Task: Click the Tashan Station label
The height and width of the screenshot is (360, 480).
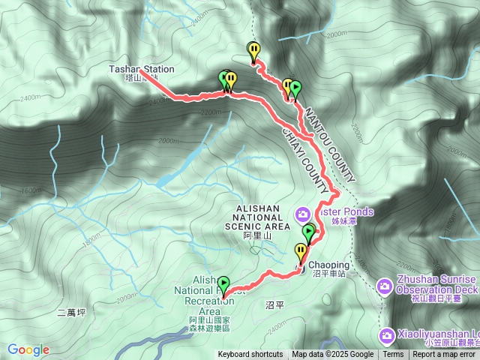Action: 141,69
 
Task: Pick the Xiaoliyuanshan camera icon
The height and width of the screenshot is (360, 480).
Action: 386,334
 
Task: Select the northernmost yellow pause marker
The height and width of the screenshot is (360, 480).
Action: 254,51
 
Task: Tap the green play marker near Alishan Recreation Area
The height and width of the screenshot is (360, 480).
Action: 223,283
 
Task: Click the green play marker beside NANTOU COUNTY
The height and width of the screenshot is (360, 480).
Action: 295,88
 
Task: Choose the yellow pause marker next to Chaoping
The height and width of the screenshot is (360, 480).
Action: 301,251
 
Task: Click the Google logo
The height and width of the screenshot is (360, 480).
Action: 28,349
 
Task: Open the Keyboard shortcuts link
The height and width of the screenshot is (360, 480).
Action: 251,355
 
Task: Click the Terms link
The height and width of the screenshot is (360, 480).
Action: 393,355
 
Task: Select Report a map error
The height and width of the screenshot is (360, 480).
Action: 445,355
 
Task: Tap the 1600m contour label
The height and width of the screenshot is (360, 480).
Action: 30,190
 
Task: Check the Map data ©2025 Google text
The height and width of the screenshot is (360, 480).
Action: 332,355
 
